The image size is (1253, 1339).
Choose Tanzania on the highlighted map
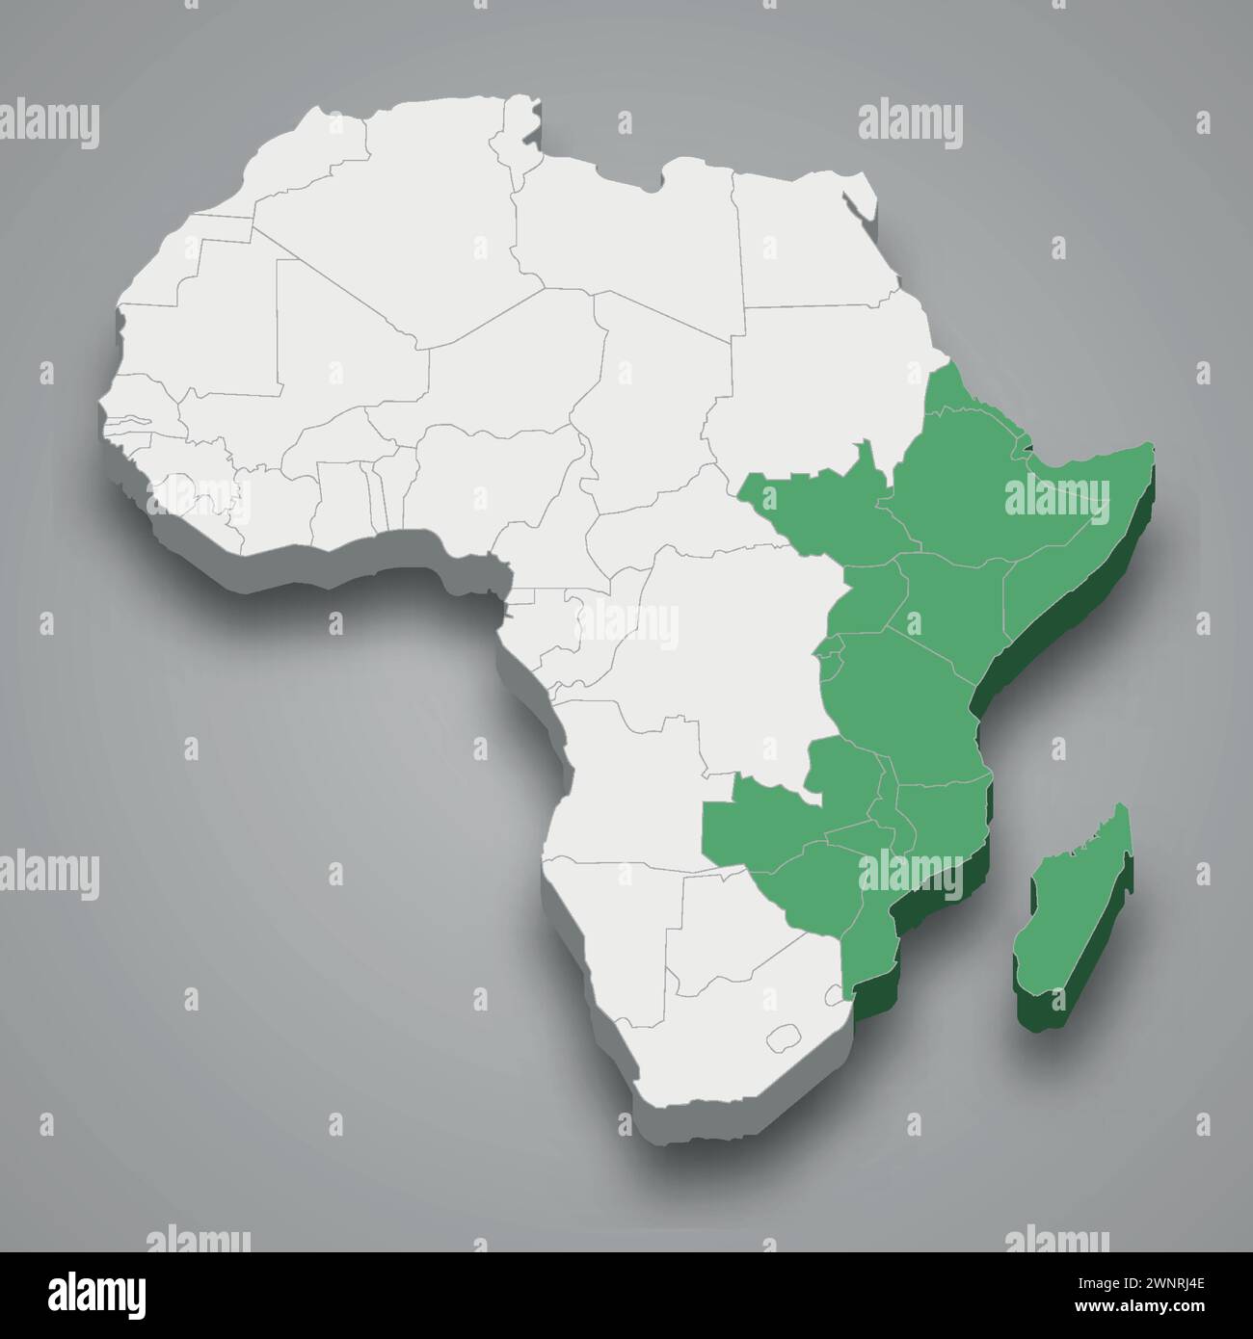click(x=901, y=694)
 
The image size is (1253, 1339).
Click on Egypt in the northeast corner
click(x=800, y=241)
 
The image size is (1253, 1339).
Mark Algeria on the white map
click(x=424, y=222)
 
